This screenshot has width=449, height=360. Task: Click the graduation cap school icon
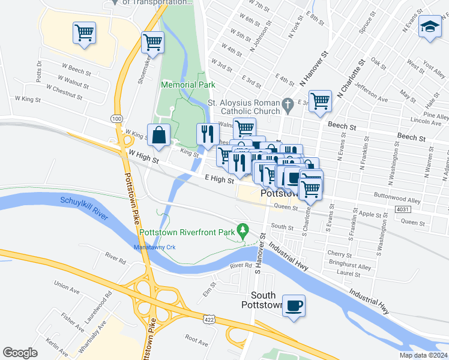pos(429,28)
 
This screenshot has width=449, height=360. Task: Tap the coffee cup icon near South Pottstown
pos(294,305)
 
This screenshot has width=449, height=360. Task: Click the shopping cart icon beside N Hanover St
pos(320,100)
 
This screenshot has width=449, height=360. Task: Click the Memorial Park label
pos(188,85)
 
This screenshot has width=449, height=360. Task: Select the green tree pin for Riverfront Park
pos(243,230)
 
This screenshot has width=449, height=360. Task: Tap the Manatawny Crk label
pos(153,247)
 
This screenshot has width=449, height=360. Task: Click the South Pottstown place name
pos(263,300)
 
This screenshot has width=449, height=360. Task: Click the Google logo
pos(20,353)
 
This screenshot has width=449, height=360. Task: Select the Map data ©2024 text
pos(423,355)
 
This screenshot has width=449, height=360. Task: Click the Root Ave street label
pos(196,339)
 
